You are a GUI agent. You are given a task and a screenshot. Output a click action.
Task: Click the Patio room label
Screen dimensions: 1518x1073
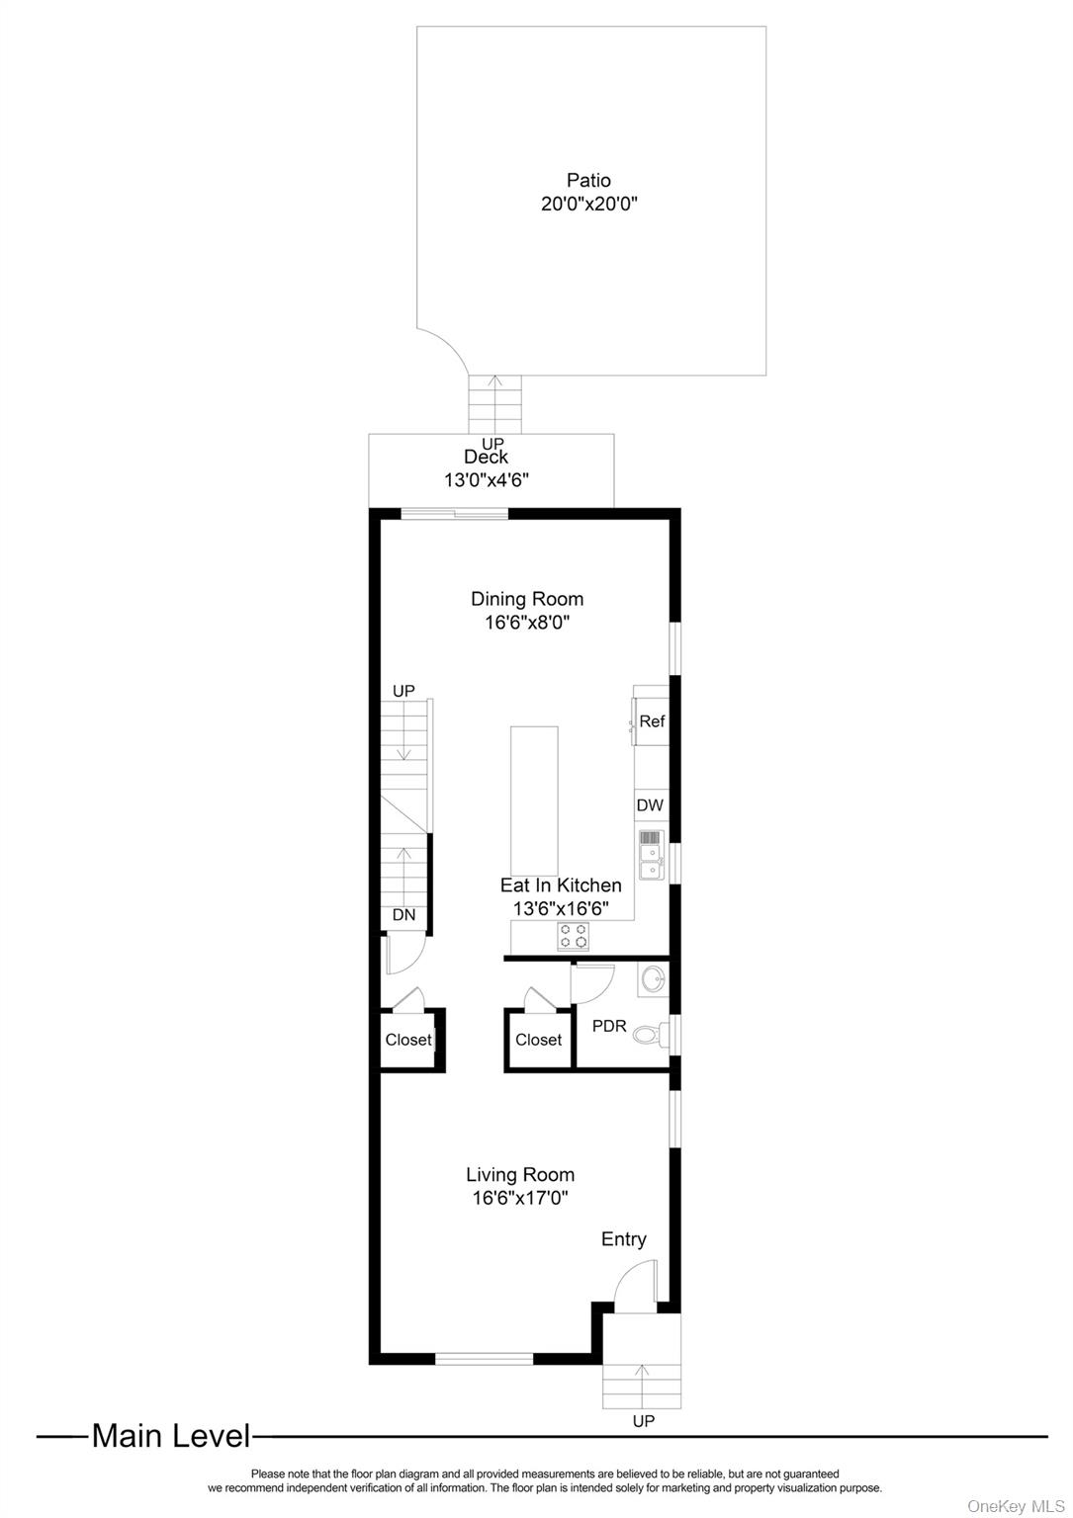click(x=588, y=180)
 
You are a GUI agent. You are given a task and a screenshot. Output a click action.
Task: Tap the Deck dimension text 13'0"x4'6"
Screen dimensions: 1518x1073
click(x=487, y=479)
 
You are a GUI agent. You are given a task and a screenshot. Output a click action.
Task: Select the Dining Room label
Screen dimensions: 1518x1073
click(x=527, y=599)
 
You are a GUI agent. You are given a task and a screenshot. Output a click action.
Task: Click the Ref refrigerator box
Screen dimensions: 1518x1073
click(x=652, y=721)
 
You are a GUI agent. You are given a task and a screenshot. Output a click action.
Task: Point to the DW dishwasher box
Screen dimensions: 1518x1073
click(x=650, y=805)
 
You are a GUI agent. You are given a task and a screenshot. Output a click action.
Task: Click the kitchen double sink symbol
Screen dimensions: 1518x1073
click(x=651, y=855)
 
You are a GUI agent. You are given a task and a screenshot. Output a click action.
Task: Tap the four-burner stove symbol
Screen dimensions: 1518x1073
click(x=574, y=935)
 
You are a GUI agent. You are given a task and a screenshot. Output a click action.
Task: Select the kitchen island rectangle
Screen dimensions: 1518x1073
click(x=534, y=801)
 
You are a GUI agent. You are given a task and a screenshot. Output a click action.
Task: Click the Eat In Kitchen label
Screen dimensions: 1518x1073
click(x=561, y=885)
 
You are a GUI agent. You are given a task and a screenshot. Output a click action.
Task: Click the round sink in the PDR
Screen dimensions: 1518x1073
click(x=653, y=980)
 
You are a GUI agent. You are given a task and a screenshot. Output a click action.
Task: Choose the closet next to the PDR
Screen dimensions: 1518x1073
click(x=539, y=1040)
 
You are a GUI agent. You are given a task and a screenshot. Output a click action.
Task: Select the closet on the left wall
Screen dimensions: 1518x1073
click(x=408, y=1040)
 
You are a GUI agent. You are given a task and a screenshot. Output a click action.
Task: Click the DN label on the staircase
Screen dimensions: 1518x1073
click(x=403, y=915)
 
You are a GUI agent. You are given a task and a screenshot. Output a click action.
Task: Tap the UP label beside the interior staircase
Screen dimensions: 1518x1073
click(x=403, y=691)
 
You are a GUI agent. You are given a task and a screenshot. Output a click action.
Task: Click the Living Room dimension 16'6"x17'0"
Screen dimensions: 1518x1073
click(x=520, y=1199)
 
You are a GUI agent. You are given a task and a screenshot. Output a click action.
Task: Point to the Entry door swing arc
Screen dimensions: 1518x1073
click(x=633, y=1290)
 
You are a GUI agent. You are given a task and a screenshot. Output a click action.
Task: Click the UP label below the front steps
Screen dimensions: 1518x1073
click(x=643, y=1421)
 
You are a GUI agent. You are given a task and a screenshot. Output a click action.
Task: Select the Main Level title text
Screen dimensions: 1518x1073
click(x=171, y=1436)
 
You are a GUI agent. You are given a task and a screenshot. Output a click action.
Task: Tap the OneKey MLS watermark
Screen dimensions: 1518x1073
click(x=1016, y=1505)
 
